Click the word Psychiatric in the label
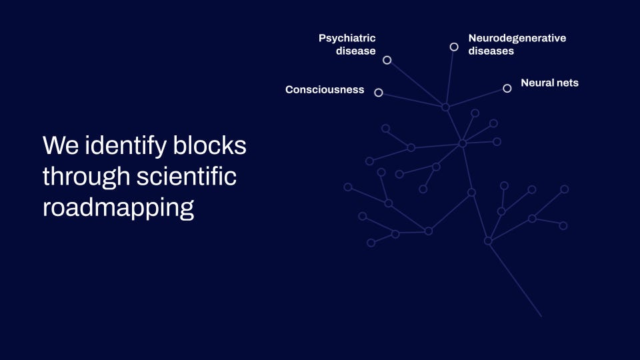point(347,38)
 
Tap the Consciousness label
point(325,89)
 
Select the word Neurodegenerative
point(517,38)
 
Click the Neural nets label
point(549,83)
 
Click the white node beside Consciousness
point(379,93)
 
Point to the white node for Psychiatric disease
point(387,60)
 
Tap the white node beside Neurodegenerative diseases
point(454,47)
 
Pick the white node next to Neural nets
point(507,88)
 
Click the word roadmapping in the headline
point(118,208)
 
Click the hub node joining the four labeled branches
point(445,107)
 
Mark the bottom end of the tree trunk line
point(541,316)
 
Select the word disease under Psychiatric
point(356,51)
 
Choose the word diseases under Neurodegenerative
point(491,51)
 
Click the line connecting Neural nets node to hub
point(476,97)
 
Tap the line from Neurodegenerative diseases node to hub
point(450,77)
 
